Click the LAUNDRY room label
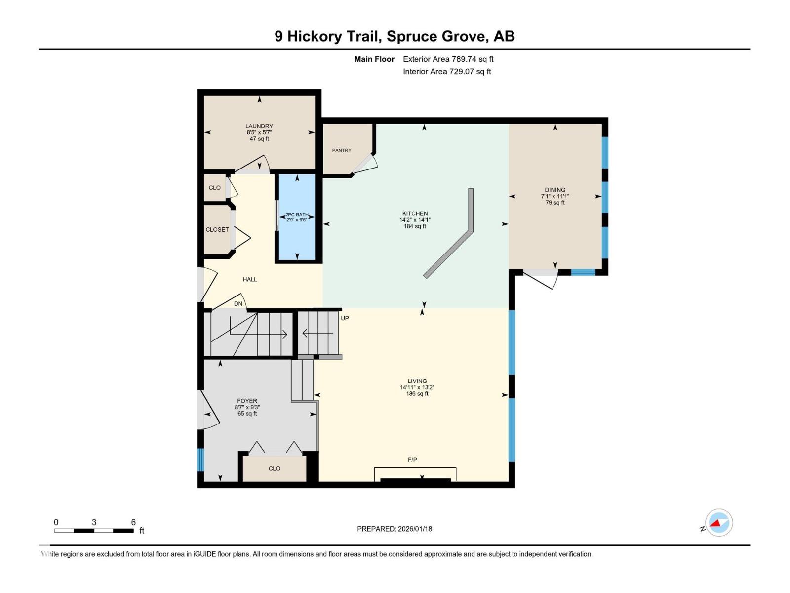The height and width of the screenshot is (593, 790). coord(259,126)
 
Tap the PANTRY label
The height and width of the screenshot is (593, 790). coord(342,150)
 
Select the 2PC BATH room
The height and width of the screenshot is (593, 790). coord(297,217)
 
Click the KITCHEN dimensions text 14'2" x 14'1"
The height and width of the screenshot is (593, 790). coord(415,220)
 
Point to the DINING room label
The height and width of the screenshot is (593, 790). coord(555,190)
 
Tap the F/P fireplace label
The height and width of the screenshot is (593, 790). coord(412,460)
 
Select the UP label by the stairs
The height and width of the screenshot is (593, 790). coord(345,318)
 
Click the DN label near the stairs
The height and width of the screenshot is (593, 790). coord(238,304)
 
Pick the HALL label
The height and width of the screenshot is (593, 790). coord(250,279)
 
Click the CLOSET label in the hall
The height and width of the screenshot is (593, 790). coord(217,230)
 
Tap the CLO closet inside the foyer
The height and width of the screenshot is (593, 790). coord(275,468)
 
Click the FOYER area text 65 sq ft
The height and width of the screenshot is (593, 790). coord(247,414)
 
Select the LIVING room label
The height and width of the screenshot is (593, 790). coord(417,381)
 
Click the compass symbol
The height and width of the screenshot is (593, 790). coord(718,523)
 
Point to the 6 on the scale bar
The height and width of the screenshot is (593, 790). coord(133,522)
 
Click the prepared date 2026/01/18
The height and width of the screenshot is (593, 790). coord(414,529)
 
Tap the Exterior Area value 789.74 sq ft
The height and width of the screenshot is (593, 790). coord(473,59)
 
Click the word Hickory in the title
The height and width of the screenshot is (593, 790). coord(315,36)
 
